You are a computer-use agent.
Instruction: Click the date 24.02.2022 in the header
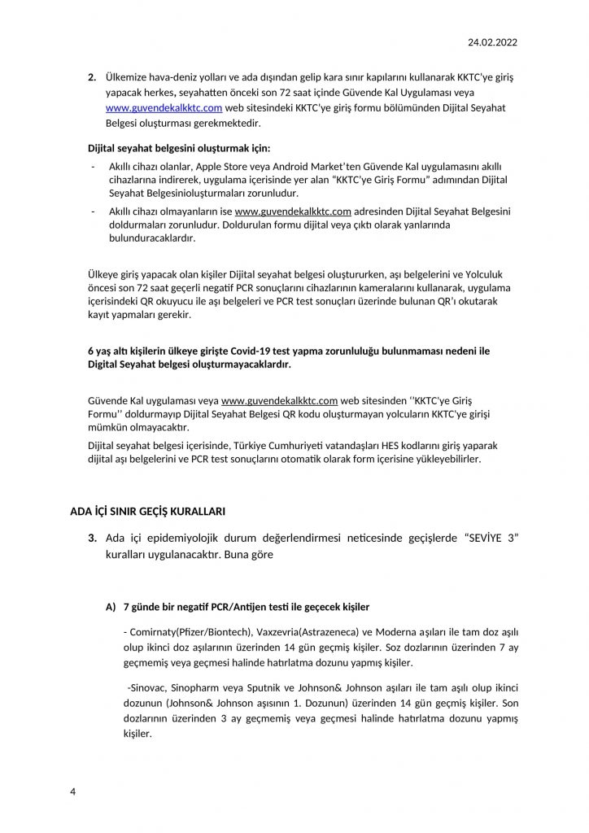pyautogui.click(x=493, y=41)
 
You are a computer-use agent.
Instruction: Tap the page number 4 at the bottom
pyautogui.click(x=72, y=790)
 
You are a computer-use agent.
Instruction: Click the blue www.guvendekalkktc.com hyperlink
pyautogui.click(x=152, y=107)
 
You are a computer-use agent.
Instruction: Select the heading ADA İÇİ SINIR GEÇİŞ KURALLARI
pyautogui.click(x=148, y=511)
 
